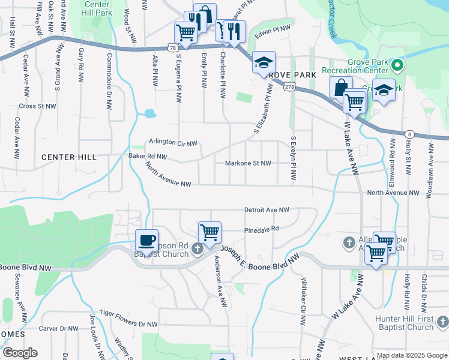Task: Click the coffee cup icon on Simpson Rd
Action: pyautogui.click(x=147, y=241)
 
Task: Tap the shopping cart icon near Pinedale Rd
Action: pyautogui.click(x=209, y=232)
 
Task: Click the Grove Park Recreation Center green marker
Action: pyautogui.click(x=397, y=65)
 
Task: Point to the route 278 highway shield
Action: pyautogui.click(x=290, y=88)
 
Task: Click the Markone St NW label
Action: pyautogui.click(x=248, y=163)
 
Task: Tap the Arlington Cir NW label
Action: pyautogui.click(x=173, y=143)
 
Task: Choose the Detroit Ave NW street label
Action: pyautogui.click(x=267, y=210)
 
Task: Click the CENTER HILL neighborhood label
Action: pyautogui.click(x=68, y=157)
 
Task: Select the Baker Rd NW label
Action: pyautogui.click(x=148, y=157)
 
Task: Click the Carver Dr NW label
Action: pyautogui.click(x=58, y=329)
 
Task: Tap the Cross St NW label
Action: pyautogui.click(x=37, y=106)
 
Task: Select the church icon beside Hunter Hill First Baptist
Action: pyautogui.click(x=442, y=323)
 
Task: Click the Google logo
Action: pyautogui.click(x=19, y=353)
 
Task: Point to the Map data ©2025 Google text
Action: pyautogui.click(x=412, y=355)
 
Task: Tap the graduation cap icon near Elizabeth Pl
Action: pyautogui.click(x=263, y=62)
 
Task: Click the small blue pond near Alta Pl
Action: pyautogui.click(x=149, y=113)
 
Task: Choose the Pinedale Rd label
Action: pyautogui.click(x=262, y=229)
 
